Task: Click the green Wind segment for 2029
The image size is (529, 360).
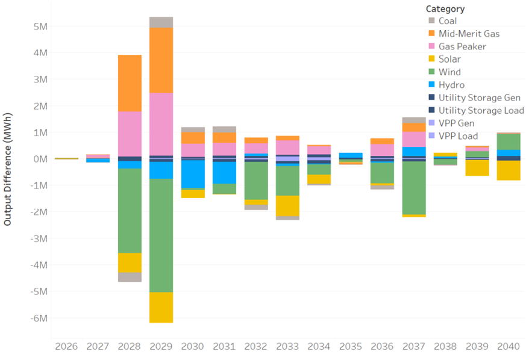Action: coord(161,235)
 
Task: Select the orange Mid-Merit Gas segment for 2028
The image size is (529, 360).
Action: coord(130,83)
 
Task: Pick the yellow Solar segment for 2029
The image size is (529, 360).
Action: coord(161,307)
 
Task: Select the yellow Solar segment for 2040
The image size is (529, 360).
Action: coord(509,170)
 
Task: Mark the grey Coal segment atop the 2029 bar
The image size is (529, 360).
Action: coord(161,22)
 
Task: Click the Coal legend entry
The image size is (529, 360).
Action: coord(447,21)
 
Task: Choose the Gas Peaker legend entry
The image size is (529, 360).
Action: coord(462,46)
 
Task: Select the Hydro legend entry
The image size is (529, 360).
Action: coord(451,85)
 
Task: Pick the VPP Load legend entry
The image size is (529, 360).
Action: coord(459,136)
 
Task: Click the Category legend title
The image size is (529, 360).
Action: coord(445,8)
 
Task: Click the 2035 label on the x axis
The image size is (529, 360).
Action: coord(351,347)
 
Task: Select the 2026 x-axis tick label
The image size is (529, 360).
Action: coord(66,347)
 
